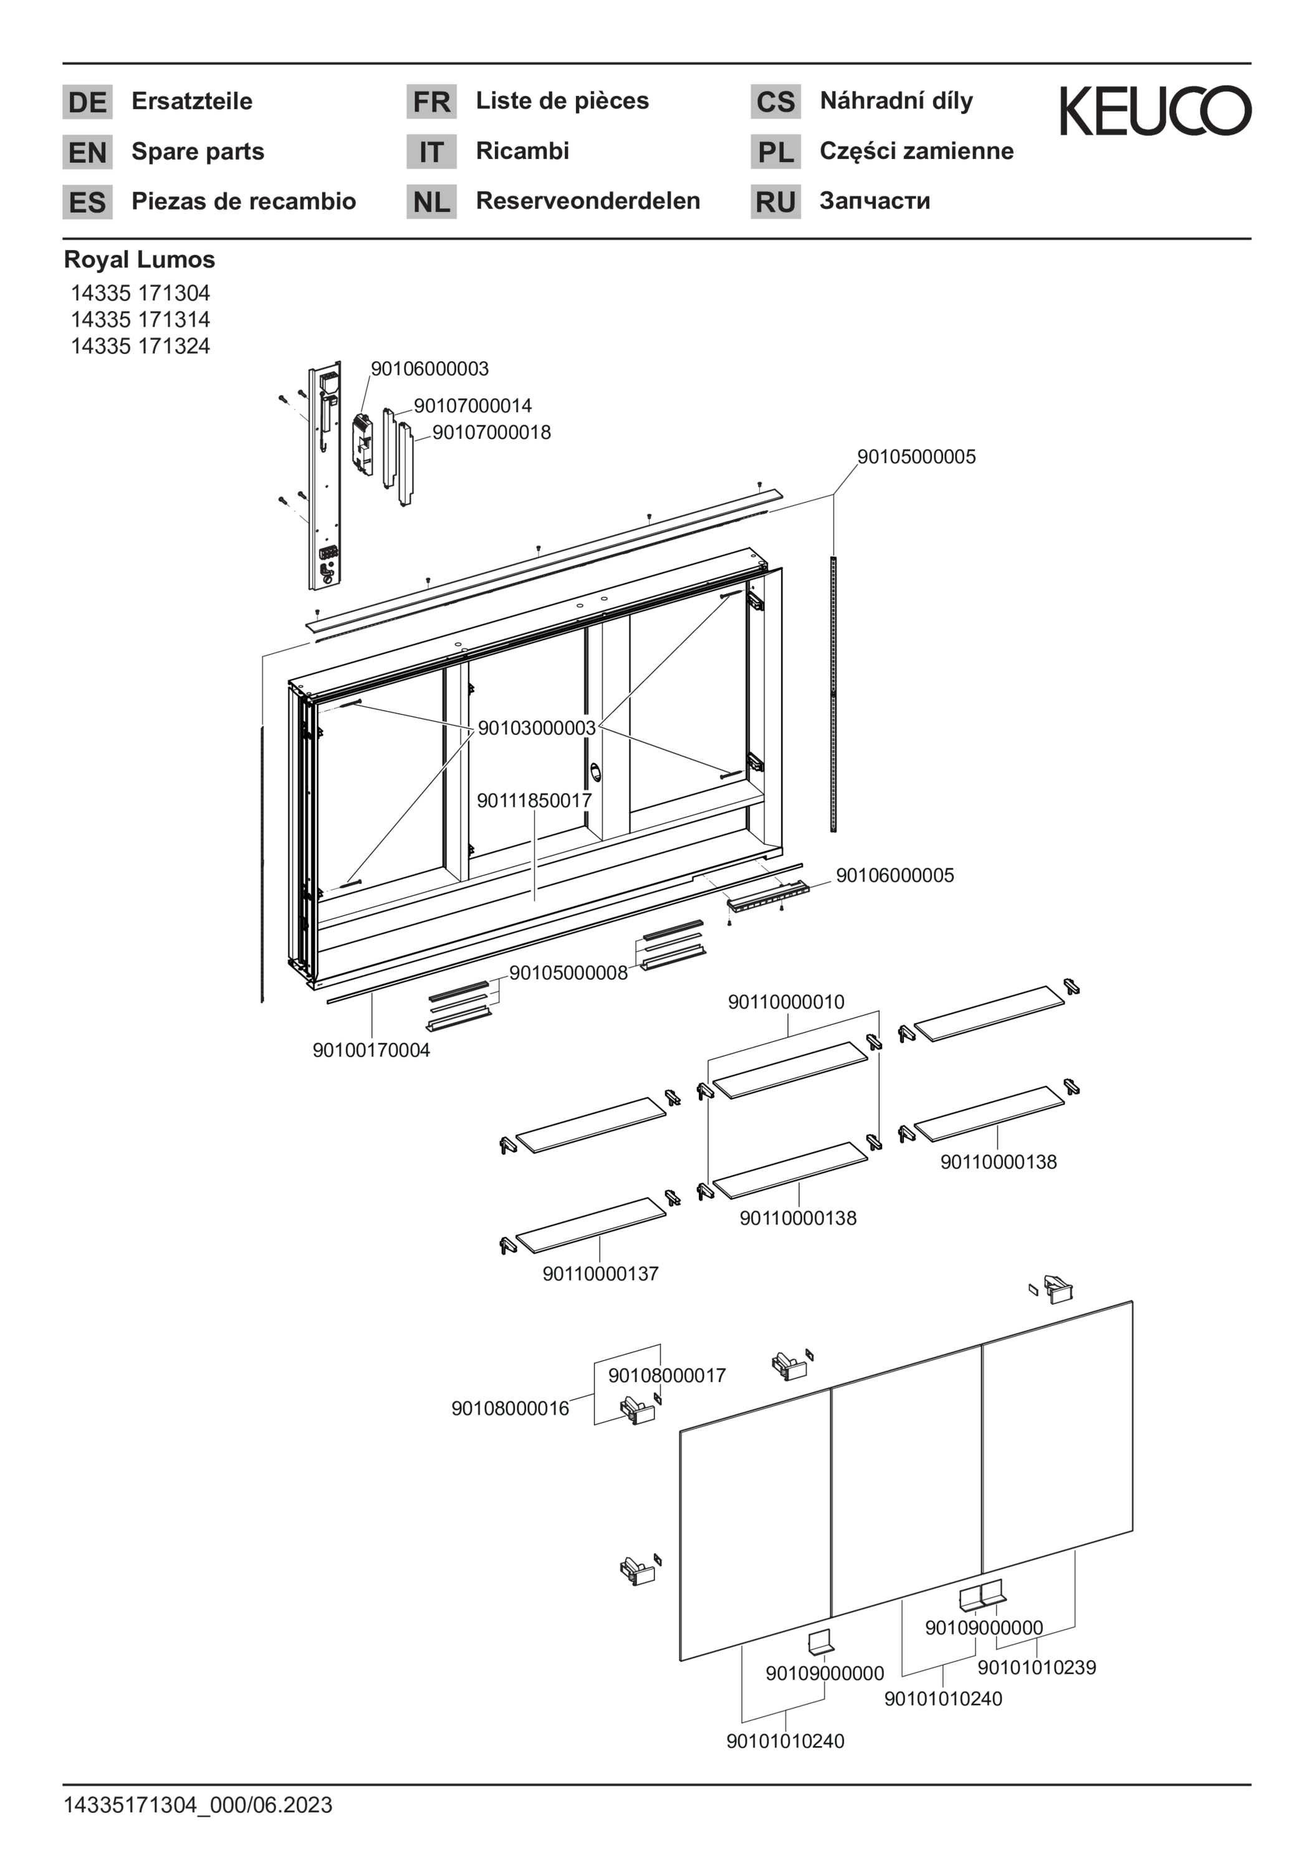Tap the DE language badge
(x=87, y=102)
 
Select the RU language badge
(x=775, y=201)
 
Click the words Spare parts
(x=198, y=151)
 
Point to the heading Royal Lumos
(x=139, y=260)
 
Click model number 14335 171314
(x=140, y=319)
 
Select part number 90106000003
(x=430, y=369)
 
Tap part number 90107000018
(x=491, y=433)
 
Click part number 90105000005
(x=916, y=457)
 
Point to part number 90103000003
(x=537, y=728)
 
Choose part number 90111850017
(x=534, y=800)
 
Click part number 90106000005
(x=894, y=875)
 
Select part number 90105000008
(x=568, y=973)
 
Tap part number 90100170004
(x=372, y=1050)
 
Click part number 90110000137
(x=601, y=1274)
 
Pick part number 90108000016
(x=510, y=1408)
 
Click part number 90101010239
(x=1037, y=1667)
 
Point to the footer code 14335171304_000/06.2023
(x=198, y=1805)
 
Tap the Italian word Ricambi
(x=522, y=151)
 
